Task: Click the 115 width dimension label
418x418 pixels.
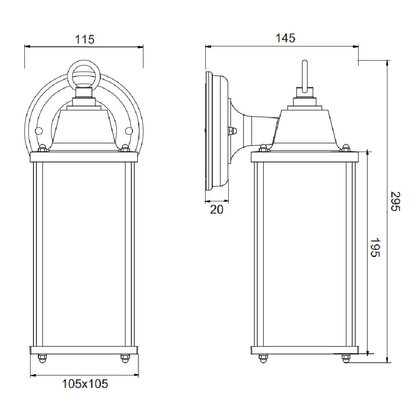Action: coord(85,39)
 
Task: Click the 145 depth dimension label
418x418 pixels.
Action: coord(285,38)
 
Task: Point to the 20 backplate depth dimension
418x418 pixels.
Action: coord(217,209)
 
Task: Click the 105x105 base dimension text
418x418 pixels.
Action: coord(85,383)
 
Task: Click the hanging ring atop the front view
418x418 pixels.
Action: coord(84,75)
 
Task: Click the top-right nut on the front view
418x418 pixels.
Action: coord(125,148)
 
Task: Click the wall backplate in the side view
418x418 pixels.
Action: coord(217,132)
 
